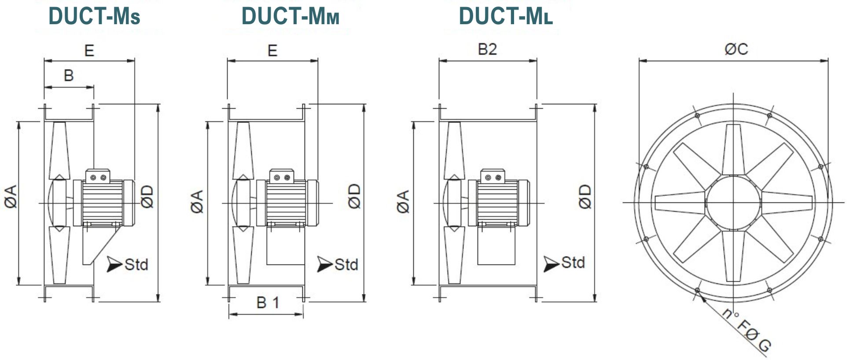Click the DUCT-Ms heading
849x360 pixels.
[94, 16]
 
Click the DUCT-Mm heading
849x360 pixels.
[290, 16]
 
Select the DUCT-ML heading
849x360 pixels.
[505, 16]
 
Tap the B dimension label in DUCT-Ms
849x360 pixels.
[69, 75]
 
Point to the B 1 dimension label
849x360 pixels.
[267, 303]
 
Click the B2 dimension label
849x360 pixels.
[487, 49]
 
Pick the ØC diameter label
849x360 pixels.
[736, 49]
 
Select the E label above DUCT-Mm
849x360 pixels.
[272, 51]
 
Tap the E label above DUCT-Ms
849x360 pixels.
[89, 51]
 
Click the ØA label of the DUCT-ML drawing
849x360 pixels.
[403, 202]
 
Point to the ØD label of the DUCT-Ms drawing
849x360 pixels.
[147, 196]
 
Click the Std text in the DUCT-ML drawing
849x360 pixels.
[573, 263]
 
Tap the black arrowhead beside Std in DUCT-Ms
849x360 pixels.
[114, 264]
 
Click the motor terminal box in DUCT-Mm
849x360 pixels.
[282, 175]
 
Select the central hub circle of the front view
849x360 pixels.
[733, 202]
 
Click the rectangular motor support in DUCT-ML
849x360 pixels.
[496, 246]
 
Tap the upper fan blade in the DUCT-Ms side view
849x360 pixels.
[59, 150]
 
